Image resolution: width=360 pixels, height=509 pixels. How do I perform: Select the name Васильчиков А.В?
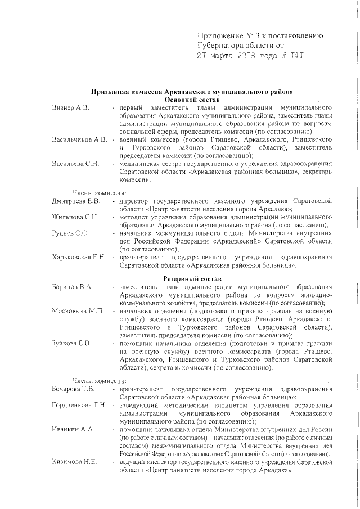pos(79,139)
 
